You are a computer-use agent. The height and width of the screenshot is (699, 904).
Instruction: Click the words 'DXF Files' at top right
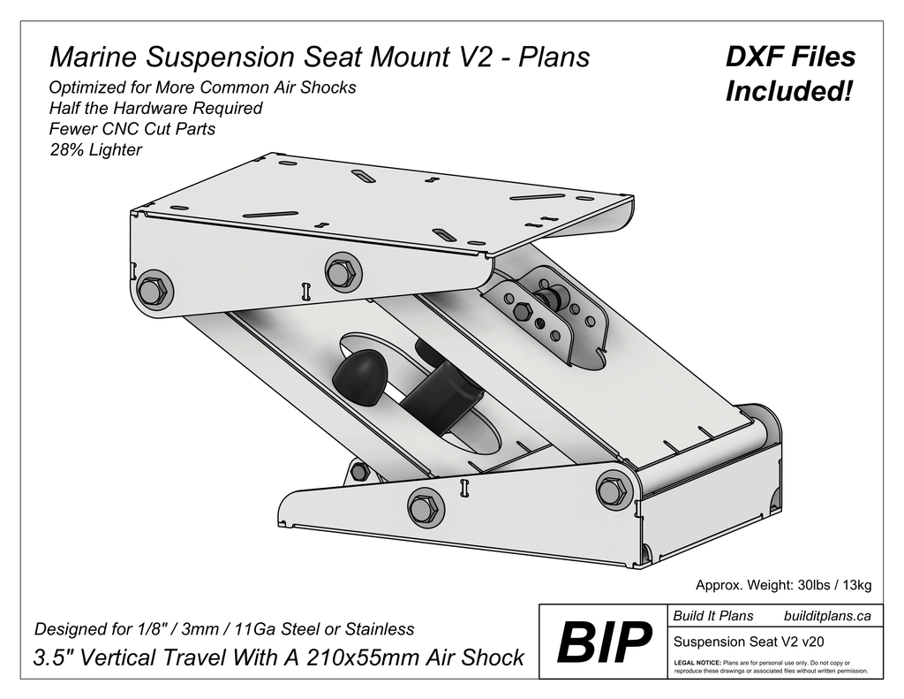(x=790, y=57)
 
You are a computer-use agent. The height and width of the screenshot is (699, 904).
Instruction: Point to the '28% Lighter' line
(x=95, y=150)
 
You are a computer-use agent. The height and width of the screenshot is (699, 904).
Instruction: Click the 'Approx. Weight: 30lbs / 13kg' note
(x=784, y=585)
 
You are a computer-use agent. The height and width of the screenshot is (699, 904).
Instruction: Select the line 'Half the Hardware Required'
(x=155, y=109)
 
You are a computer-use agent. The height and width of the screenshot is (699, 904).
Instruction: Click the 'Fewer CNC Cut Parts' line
(x=132, y=129)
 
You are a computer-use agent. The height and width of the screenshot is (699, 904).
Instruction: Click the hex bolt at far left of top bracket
(x=153, y=291)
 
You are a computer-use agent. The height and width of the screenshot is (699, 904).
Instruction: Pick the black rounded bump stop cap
(x=358, y=376)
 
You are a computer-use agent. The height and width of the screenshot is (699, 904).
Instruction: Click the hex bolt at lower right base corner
(x=612, y=490)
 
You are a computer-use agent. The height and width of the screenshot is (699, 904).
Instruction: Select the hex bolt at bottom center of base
(x=423, y=508)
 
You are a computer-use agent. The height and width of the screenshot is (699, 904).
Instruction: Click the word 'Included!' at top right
(x=790, y=91)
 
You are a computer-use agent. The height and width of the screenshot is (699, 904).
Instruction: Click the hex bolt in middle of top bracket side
(x=341, y=272)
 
